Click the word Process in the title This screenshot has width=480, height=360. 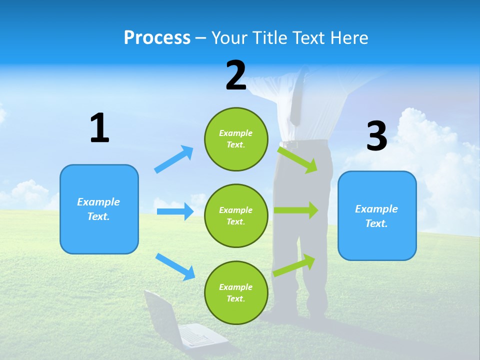tap(157, 38)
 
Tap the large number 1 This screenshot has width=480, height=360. tap(99, 128)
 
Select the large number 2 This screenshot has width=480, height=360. tap(236, 75)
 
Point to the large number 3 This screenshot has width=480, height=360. tap(376, 136)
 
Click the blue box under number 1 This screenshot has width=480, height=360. tap(99, 209)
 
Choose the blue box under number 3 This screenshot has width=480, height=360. tap(377, 215)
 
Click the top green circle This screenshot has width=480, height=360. tap(236, 139)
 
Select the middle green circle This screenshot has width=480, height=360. tap(236, 215)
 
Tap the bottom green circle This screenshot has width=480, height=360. tap(236, 292)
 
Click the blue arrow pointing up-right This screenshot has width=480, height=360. tap(174, 159)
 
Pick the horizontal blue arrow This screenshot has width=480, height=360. tap(175, 211)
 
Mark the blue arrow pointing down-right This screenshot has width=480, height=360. tap(175, 266)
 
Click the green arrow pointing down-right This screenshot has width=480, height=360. tap(298, 159)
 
